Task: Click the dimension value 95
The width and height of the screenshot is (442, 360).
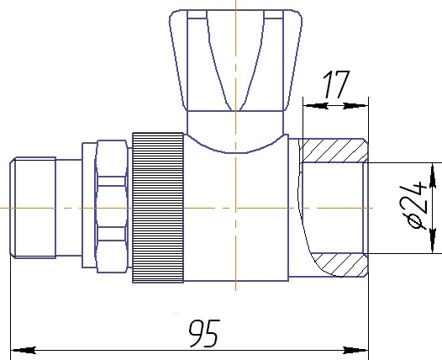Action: pyautogui.click(x=203, y=333)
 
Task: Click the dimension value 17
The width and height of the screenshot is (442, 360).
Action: pyautogui.click(x=336, y=84)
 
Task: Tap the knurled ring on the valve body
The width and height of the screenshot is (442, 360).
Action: pyautogui.click(x=158, y=208)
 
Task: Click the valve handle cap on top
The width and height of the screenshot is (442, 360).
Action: pyautogui.click(x=235, y=61)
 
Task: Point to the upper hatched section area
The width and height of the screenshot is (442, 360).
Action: pyautogui.click(x=333, y=151)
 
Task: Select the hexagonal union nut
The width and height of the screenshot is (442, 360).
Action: pyautogui.click(x=112, y=207)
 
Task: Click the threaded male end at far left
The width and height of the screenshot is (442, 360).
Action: pyautogui.click(x=33, y=208)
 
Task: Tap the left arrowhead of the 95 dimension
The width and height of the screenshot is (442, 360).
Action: pyautogui.click(x=24, y=351)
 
